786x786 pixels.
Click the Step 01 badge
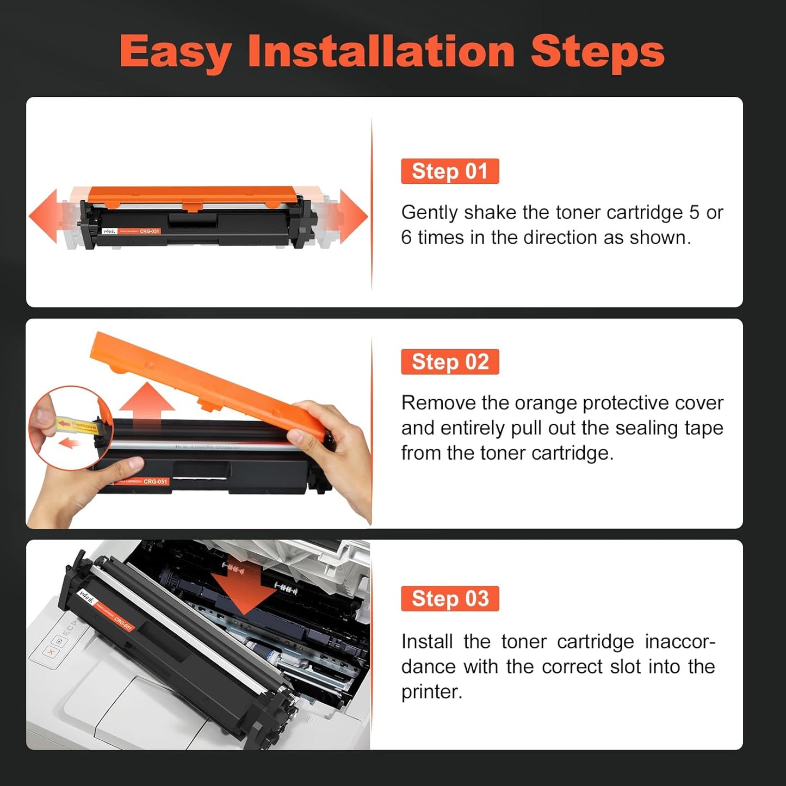pyautogui.click(x=450, y=171)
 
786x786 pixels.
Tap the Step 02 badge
pyautogui.click(x=450, y=362)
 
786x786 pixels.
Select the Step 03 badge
pyautogui.click(x=450, y=598)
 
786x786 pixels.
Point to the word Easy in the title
pyautogui.click(x=176, y=53)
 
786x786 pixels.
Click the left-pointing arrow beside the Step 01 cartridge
pyautogui.click(x=44, y=216)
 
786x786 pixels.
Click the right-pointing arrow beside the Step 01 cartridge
pyautogui.click(x=353, y=216)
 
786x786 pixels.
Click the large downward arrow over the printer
pyautogui.click(x=244, y=590)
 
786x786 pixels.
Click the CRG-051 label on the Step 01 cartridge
pyautogui.click(x=149, y=231)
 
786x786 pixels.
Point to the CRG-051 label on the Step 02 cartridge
pyautogui.click(x=155, y=481)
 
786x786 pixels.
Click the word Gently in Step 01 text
pyautogui.click(x=429, y=213)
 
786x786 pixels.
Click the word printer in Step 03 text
pyautogui.click(x=431, y=692)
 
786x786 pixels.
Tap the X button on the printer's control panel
pyautogui.click(x=52, y=651)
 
